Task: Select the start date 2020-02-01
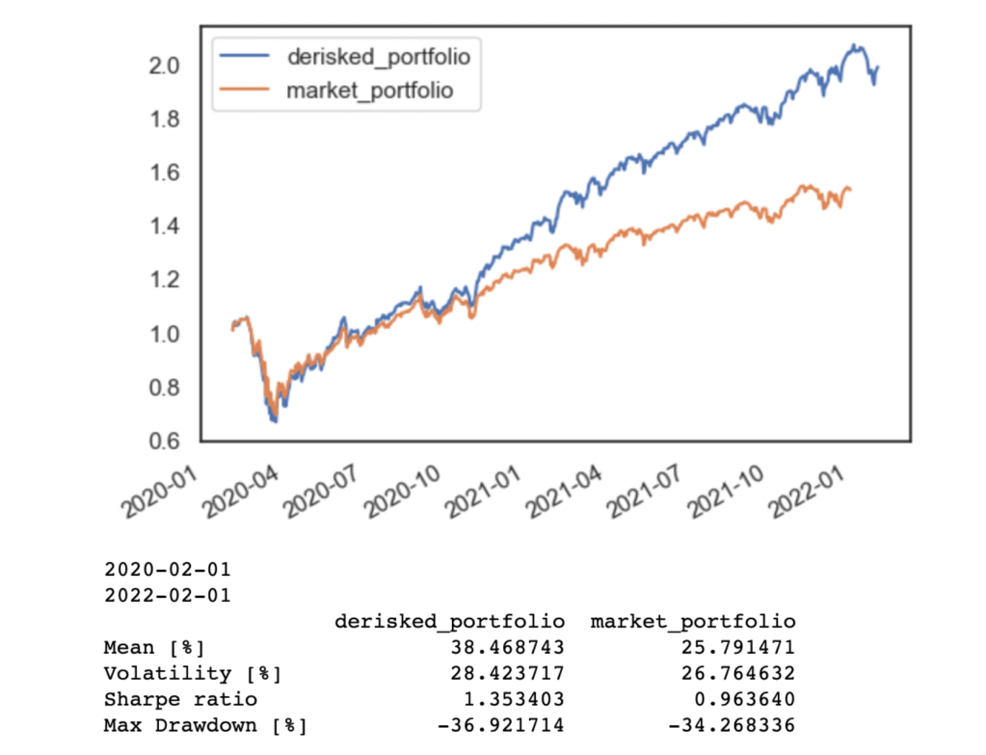(x=167, y=570)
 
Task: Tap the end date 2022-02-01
(x=167, y=595)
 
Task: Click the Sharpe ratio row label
(x=180, y=699)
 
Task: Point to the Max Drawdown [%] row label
(x=205, y=724)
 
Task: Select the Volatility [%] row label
(x=193, y=673)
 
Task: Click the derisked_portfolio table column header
(x=449, y=621)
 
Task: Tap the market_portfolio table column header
(x=693, y=621)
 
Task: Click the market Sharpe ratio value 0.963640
(x=744, y=699)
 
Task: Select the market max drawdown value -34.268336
(x=737, y=724)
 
